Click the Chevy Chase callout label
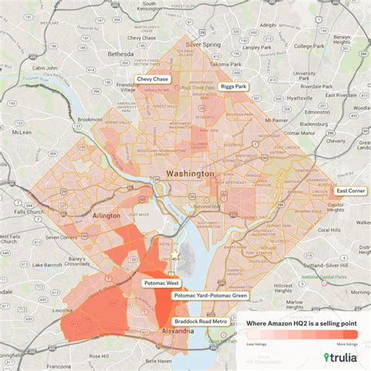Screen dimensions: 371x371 click(x=155, y=79)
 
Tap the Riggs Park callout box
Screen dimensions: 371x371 click(x=233, y=87)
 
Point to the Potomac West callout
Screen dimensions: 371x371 click(x=162, y=282)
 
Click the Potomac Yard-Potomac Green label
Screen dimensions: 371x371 click(x=211, y=296)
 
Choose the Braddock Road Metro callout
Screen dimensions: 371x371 click(x=202, y=321)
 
